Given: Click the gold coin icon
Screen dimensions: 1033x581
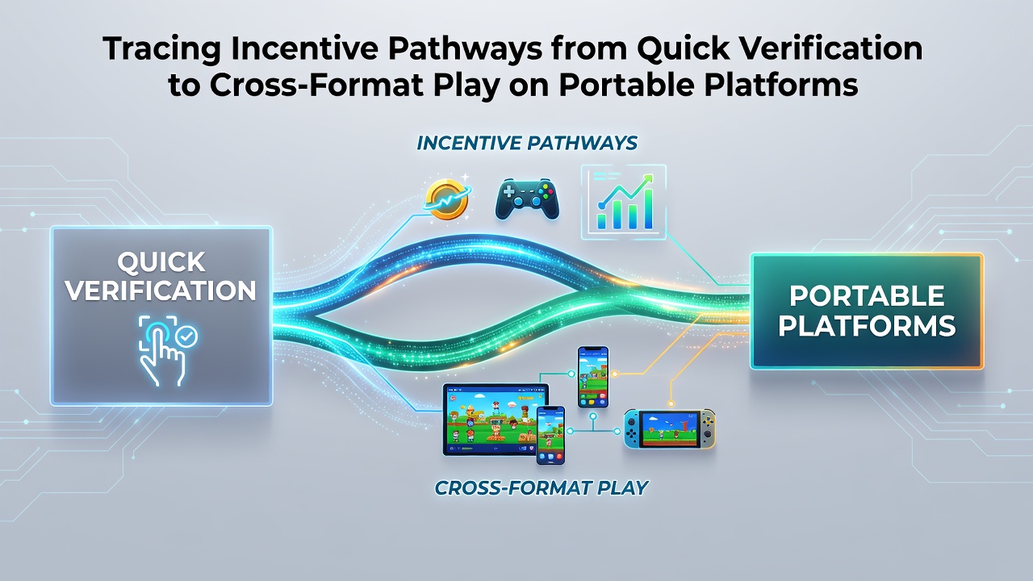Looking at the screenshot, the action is point(446,199).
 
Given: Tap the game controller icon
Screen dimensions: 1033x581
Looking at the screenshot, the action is point(527,199).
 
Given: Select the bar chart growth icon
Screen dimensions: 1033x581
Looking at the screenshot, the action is point(624,202).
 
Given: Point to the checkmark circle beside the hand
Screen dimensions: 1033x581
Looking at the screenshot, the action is point(187,336).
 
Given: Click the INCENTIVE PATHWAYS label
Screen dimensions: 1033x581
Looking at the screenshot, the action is point(527,143).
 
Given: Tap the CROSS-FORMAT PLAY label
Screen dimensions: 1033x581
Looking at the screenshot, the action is point(542,487).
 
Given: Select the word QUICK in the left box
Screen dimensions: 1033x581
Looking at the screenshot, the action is point(161,262).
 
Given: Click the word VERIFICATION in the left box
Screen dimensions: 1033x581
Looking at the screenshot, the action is point(161,291).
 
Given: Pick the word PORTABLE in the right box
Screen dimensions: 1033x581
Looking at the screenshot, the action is point(867,295).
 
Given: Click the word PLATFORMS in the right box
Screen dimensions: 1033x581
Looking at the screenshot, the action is point(867,325).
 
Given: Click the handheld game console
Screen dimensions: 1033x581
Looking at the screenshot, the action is point(670,428).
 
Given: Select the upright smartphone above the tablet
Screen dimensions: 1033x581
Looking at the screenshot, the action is point(593,377).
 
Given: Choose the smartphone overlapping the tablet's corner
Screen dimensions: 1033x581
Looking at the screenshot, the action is point(550,435).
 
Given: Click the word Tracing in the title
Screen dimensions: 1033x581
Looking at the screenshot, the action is point(162,49).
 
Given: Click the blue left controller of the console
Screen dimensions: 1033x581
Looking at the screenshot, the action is point(632,428).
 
